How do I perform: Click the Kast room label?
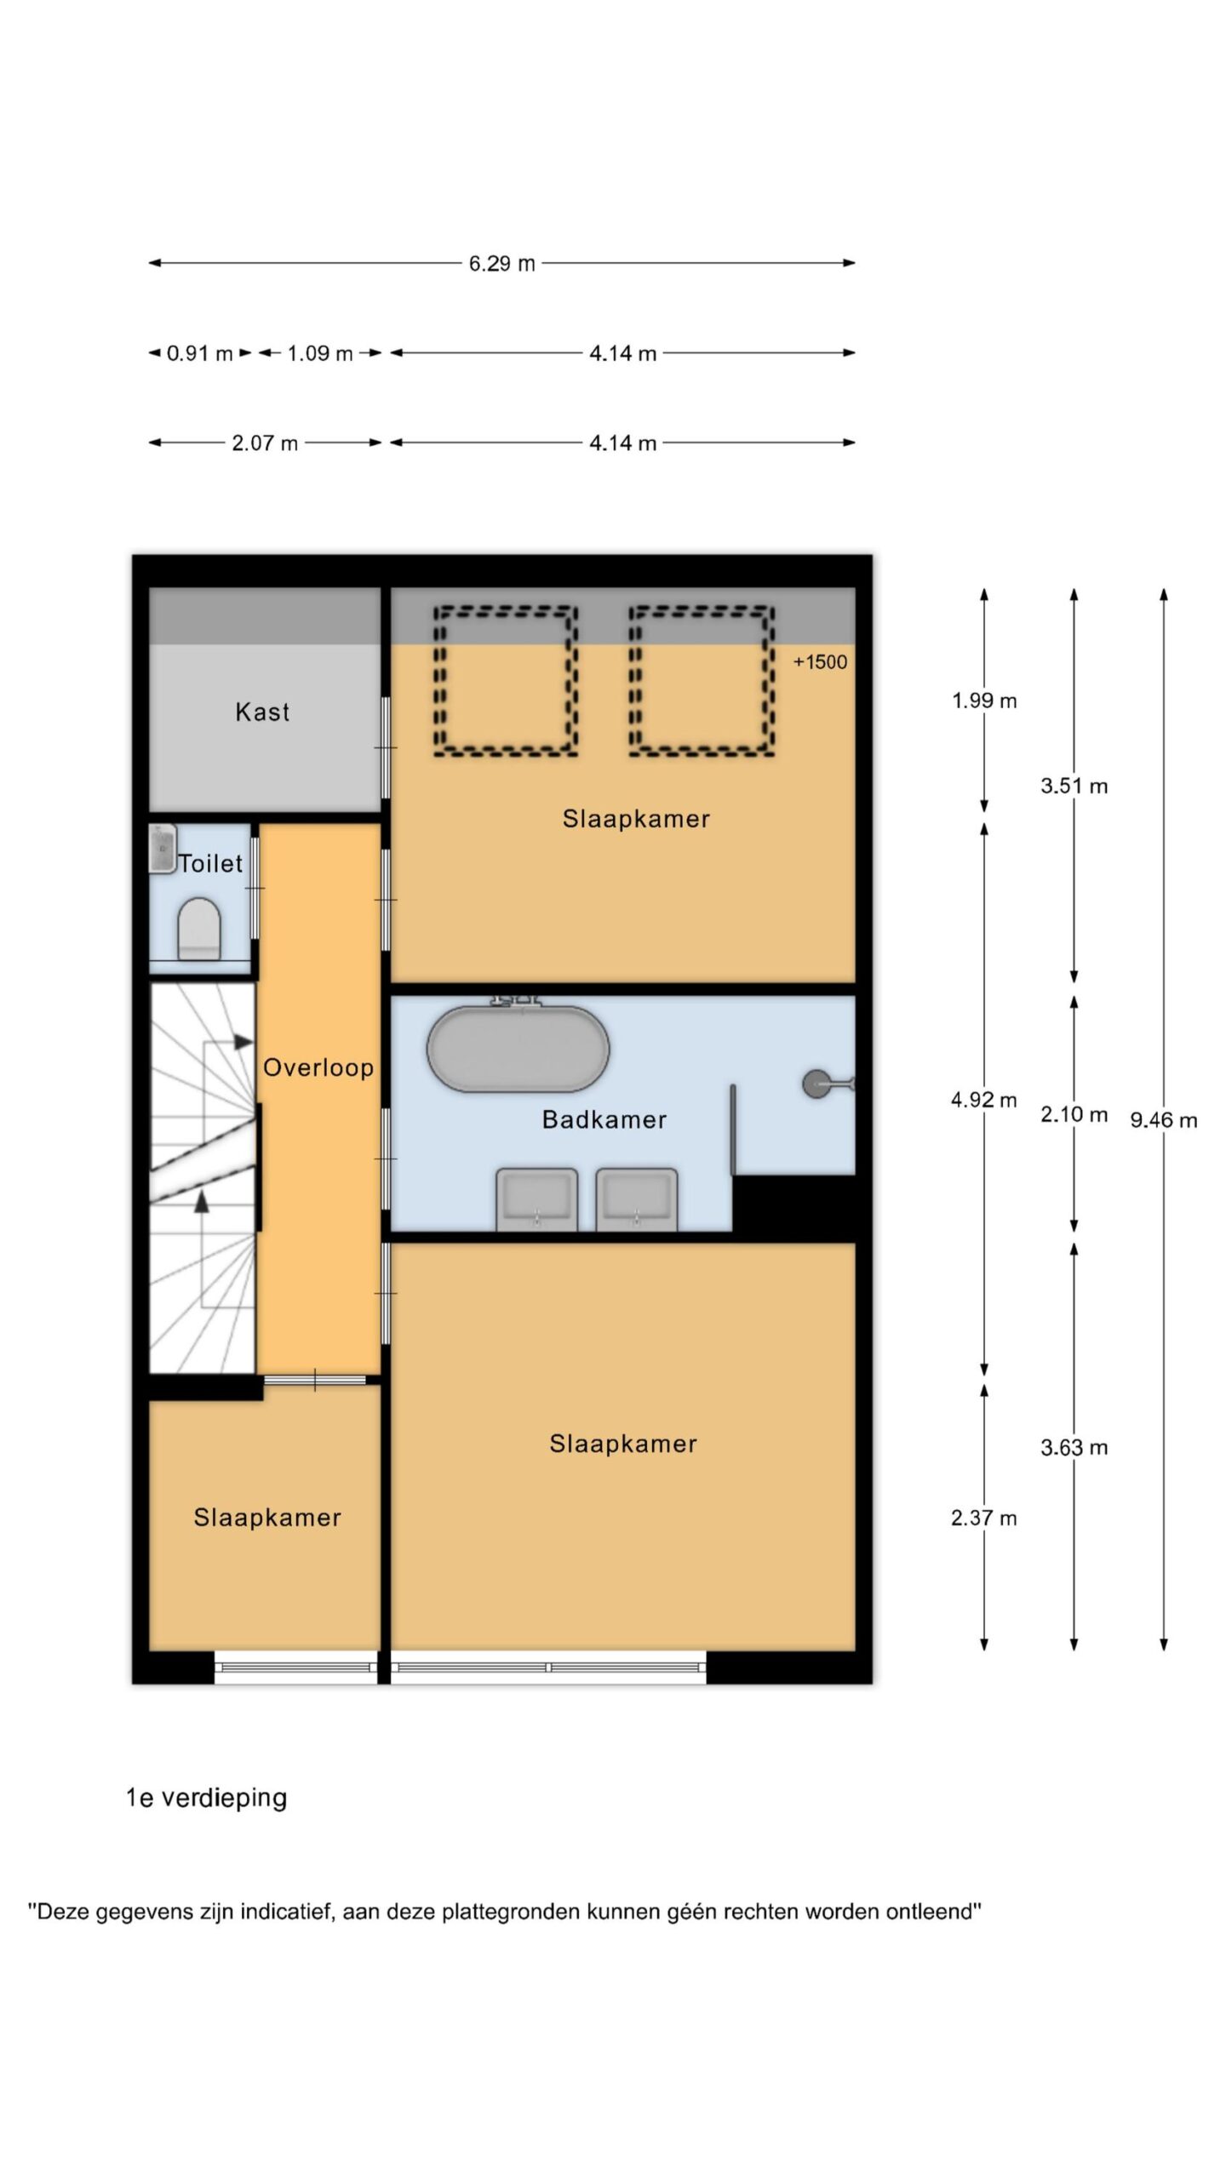click(x=262, y=712)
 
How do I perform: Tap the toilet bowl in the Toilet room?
click(x=199, y=929)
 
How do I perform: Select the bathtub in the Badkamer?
click(x=518, y=1049)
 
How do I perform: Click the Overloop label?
click(x=318, y=1068)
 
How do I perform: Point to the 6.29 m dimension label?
click(x=502, y=264)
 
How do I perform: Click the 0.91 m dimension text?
click(x=199, y=353)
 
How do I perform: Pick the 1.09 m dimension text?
click(x=319, y=353)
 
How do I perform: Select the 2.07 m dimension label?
click(x=265, y=443)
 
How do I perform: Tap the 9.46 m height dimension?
click(x=1163, y=1120)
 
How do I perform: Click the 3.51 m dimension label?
click(x=1074, y=786)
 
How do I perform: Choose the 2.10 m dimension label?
click(x=1074, y=1114)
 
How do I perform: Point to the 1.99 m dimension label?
click(x=984, y=701)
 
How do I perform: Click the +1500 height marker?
click(x=820, y=662)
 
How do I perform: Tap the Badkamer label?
click(x=604, y=1119)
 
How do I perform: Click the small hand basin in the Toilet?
click(x=162, y=848)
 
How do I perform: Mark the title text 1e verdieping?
click(x=206, y=1798)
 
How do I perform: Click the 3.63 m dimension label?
click(x=1074, y=1448)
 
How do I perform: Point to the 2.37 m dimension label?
click(x=984, y=1518)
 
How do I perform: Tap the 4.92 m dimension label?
click(x=984, y=1100)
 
